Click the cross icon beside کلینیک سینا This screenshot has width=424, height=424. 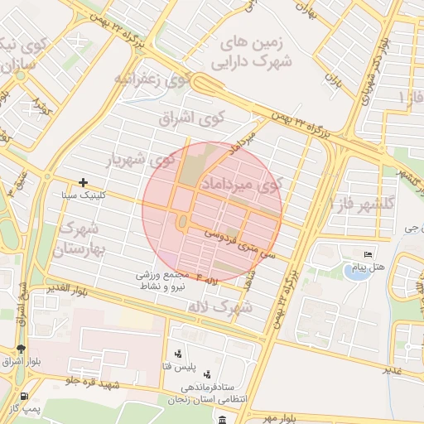pyautogui.click(x=83, y=182)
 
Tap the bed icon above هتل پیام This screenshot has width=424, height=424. pyautogui.click(x=368, y=254)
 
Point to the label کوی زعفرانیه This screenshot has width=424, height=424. pyautogui.click(x=152, y=79)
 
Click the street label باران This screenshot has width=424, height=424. pyautogui.click(x=334, y=80)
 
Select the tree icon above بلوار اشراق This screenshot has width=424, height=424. pyautogui.click(x=21, y=349)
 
